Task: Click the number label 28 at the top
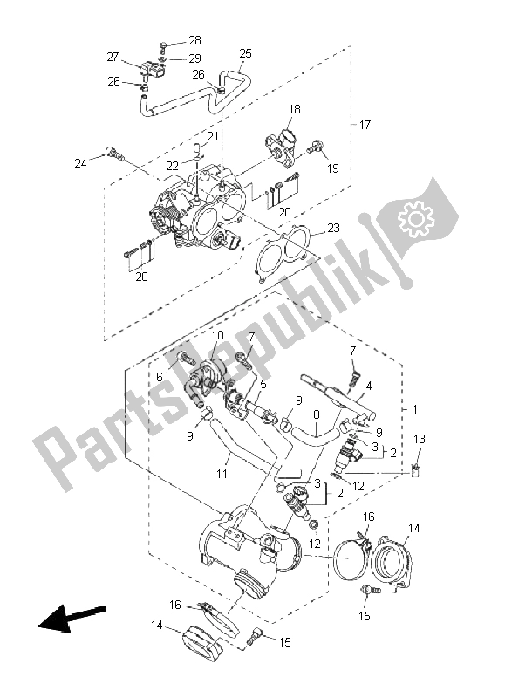pos(194,40)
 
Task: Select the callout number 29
pos(194,58)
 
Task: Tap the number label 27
pos(113,57)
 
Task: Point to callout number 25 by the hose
pos(245,54)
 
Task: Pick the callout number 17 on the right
pos(365,126)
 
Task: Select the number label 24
pos(81,162)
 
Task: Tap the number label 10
pos(217,335)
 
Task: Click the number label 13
pos(419,438)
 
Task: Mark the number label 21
pos(212,136)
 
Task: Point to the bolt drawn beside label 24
pos(111,154)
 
